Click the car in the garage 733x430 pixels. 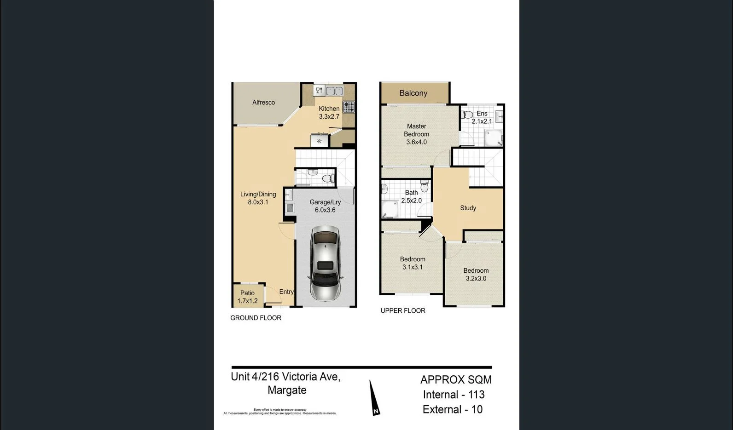tap(326, 263)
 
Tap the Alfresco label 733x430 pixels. tap(263, 103)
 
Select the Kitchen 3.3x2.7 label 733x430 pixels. tap(329, 113)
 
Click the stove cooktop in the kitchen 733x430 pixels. tap(349, 107)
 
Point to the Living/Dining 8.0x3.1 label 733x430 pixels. tap(258, 198)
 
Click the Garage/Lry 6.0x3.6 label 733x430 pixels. tap(325, 206)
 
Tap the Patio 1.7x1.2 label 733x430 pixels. tap(247, 297)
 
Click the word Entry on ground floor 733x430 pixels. tap(286, 292)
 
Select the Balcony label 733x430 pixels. tap(413, 93)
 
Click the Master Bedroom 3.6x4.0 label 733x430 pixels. tap(416, 134)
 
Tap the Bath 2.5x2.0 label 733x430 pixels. tap(411, 197)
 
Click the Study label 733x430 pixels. tap(468, 208)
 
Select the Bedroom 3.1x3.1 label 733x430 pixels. tap(413, 263)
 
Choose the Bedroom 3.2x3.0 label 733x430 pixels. tap(476, 275)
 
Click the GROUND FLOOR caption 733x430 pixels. tap(256, 318)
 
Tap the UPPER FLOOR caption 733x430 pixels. tap(402, 311)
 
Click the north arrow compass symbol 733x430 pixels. tap(374, 398)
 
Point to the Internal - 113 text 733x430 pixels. tap(454, 395)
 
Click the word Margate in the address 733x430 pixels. tap(287, 390)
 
